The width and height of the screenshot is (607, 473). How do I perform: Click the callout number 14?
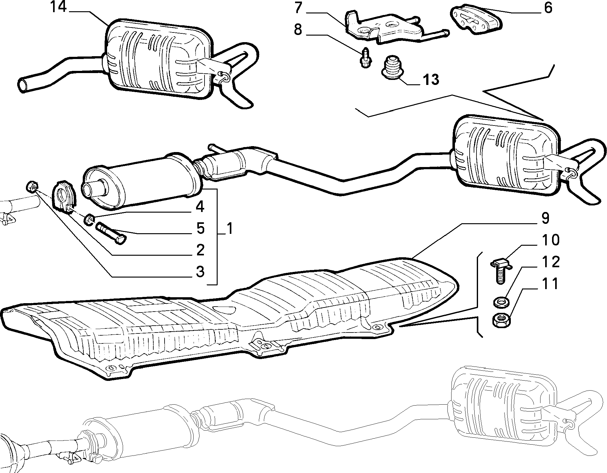pyautogui.click(x=58, y=7)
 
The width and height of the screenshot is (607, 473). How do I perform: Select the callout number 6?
pyautogui.click(x=548, y=8)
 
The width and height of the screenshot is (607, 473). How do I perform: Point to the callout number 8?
pyautogui.click(x=298, y=30)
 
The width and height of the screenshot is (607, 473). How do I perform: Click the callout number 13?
pyautogui.click(x=431, y=80)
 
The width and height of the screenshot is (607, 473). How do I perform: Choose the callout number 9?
pyautogui.click(x=545, y=218)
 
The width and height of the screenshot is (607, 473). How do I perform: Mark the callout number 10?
pyautogui.click(x=550, y=240)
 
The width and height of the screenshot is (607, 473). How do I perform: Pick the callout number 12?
pyautogui.click(x=550, y=262)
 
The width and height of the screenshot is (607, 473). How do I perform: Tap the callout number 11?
pyautogui.click(x=550, y=284)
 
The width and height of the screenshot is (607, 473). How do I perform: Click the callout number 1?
pyautogui.click(x=229, y=229)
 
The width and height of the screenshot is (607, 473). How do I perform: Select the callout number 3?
pyautogui.click(x=200, y=271)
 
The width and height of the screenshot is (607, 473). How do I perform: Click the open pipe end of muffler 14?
pyautogui.click(x=23, y=85)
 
